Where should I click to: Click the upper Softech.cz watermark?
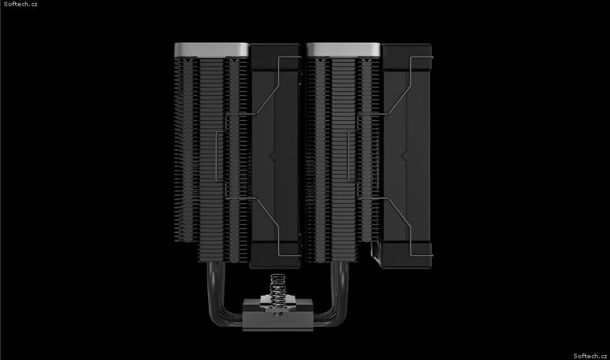pyautogui.click(x=21, y=4)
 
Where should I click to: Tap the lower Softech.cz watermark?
pyautogui.click(x=590, y=356)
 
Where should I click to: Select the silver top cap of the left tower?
pyautogui.click(x=212, y=50)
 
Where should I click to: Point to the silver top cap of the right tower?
pyautogui.click(x=343, y=50)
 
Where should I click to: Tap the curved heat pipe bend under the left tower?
pyautogui.click(x=223, y=296)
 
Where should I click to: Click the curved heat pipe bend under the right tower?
pyautogui.click(x=334, y=296)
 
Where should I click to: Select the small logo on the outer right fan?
pyautogui.click(x=403, y=156)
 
